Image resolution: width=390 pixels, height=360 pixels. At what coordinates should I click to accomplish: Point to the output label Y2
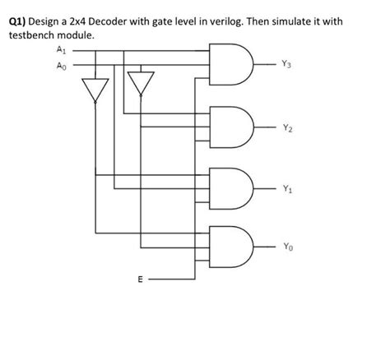286,127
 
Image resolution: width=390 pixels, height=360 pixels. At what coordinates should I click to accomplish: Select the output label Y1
286,187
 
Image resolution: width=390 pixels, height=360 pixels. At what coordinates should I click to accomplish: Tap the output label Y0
286,246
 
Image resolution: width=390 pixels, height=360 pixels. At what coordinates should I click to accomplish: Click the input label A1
60,50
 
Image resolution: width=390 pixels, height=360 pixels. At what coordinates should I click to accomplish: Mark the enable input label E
139,280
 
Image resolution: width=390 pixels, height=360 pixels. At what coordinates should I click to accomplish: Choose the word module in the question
84,36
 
